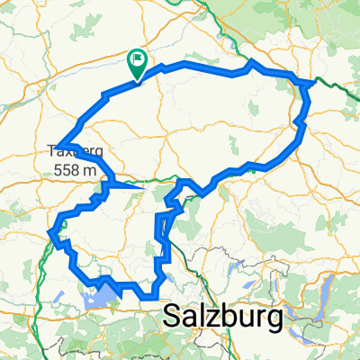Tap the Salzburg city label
[x=222, y=317]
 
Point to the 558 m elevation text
[x=76, y=169]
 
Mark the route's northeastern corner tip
[x=311, y=82]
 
